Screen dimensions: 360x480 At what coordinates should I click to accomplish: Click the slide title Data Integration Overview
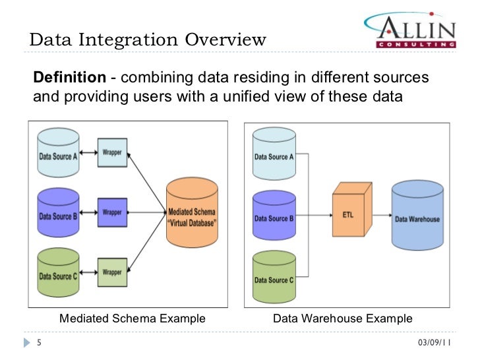click(x=148, y=40)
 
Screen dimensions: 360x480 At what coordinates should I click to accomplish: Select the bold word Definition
click(x=69, y=78)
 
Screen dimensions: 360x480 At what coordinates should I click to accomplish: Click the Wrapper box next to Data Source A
click(x=111, y=152)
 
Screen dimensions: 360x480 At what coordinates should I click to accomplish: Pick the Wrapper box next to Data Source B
click(x=111, y=212)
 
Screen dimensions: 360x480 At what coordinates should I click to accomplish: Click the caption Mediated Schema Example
click(x=133, y=319)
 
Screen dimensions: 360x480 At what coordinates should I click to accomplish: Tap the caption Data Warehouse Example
click(x=343, y=319)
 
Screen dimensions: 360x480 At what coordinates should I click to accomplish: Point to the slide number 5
click(x=39, y=343)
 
